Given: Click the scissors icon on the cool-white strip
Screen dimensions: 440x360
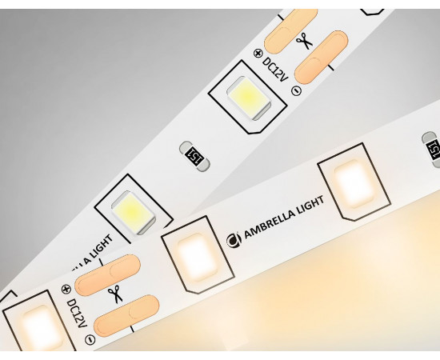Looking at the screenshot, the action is coord(305,41).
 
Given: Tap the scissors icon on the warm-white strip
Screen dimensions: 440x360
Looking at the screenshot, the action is coord(116,294).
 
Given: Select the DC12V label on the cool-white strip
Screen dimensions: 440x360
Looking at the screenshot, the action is coord(274,69).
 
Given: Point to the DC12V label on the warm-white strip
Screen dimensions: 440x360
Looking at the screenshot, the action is coord(77,314).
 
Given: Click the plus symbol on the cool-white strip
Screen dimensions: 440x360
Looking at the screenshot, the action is coord(258,53).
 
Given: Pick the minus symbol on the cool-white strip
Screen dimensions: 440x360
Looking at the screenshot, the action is coord(297,90).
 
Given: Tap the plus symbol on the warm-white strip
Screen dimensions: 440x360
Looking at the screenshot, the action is coord(66,289).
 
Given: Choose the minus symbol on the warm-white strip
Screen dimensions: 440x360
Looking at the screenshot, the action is coord(90,340).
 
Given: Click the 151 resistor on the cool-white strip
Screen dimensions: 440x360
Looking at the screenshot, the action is coord(194,156).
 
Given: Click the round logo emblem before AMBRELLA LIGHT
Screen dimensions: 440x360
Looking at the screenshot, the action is coord(234,240).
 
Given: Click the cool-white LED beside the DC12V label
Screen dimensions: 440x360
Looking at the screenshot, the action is coord(249,98).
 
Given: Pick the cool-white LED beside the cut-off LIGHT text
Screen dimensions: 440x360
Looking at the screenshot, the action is coord(133,212).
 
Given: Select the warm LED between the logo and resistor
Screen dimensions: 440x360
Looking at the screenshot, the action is coord(354,184).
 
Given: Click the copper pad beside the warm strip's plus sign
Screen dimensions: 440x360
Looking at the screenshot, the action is coord(108,275).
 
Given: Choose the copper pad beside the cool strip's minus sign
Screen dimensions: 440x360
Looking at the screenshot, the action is coord(322,58).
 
